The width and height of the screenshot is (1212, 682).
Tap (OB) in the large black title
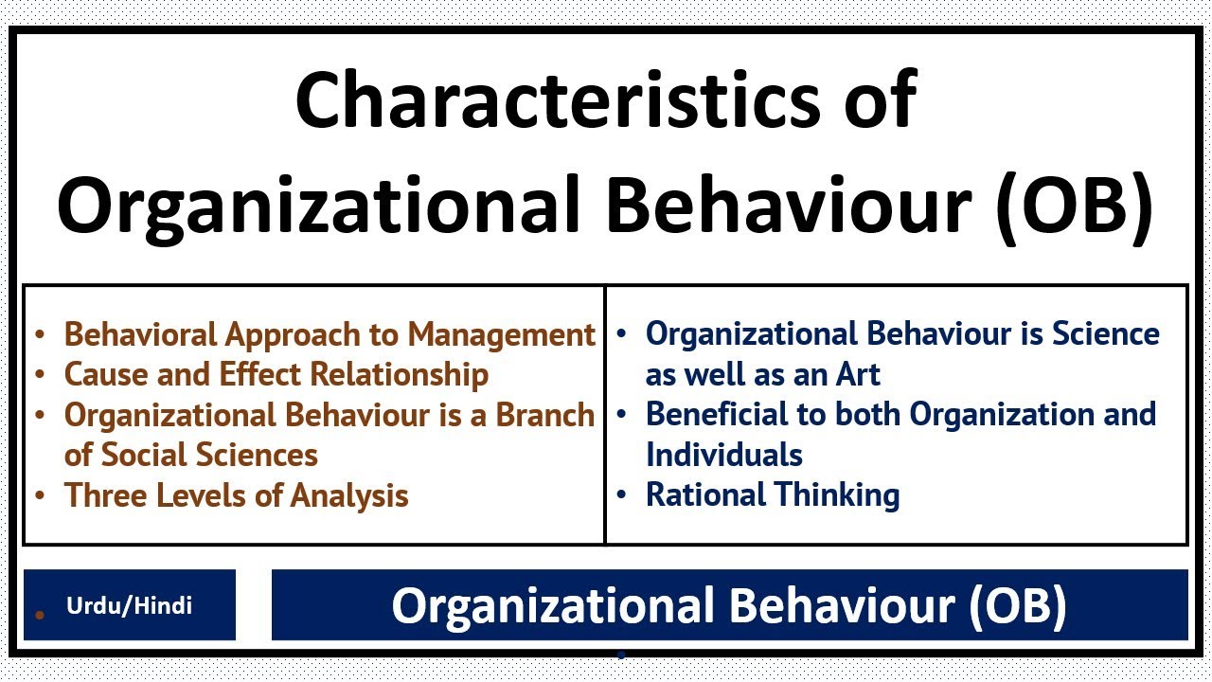click(1076, 207)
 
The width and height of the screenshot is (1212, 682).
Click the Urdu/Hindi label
click(129, 605)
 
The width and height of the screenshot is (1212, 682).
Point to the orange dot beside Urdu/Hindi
click(40, 615)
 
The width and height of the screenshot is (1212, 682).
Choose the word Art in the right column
click(857, 374)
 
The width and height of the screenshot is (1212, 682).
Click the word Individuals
click(724, 455)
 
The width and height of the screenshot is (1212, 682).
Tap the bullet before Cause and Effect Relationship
click(40, 375)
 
